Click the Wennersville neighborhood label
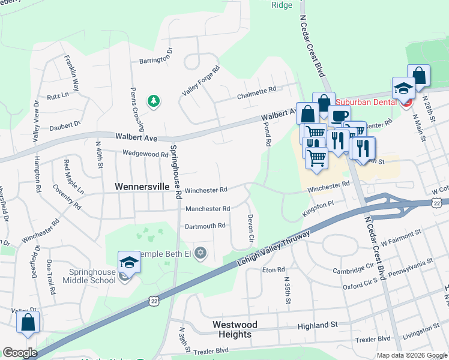click(x=142, y=187)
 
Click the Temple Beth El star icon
click(x=200, y=254)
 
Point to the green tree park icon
click(x=154, y=101)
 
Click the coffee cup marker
click(x=339, y=117)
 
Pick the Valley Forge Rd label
click(x=202, y=80)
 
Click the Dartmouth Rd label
click(x=205, y=226)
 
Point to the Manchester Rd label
click(x=208, y=209)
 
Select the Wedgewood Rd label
click(x=145, y=154)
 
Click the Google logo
click(x=20, y=353)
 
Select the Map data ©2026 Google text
click(x=411, y=355)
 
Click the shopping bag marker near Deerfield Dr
click(x=28, y=323)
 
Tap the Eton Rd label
click(x=273, y=270)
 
